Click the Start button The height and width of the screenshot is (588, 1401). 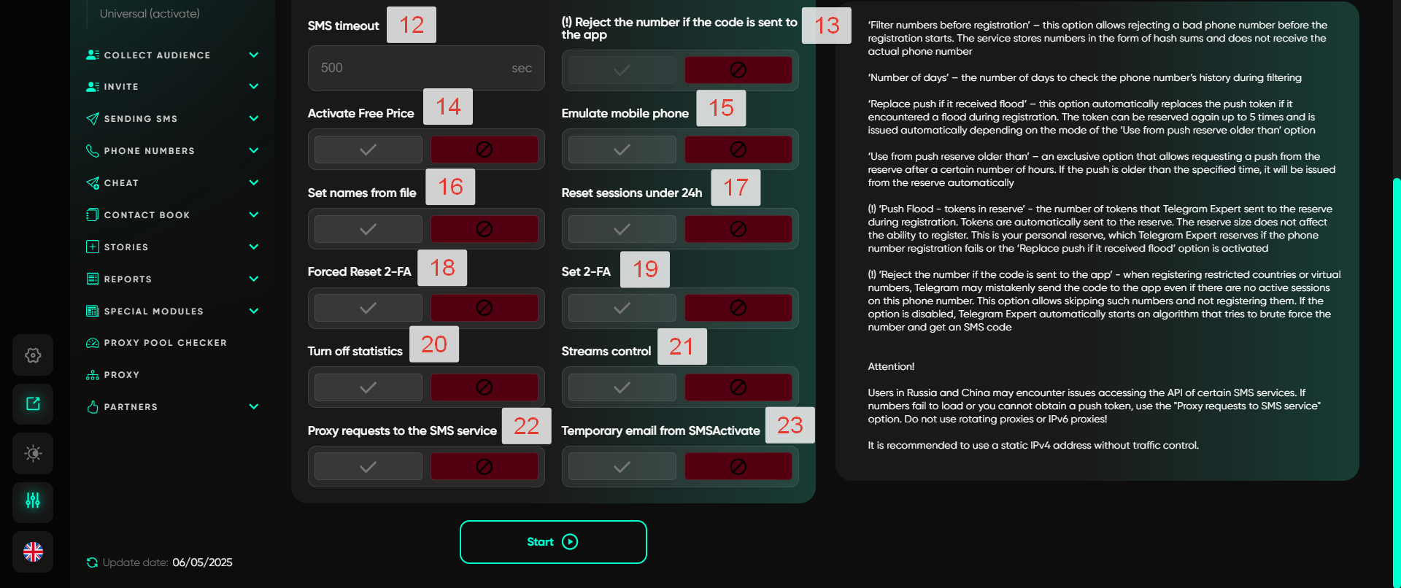[553, 542]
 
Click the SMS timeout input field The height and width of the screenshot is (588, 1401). [426, 68]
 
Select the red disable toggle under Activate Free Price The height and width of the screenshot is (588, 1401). [484, 150]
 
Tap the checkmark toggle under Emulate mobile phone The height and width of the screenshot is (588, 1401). [622, 150]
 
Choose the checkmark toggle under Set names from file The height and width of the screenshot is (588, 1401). [368, 229]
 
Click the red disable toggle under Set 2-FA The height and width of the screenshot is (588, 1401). [738, 308]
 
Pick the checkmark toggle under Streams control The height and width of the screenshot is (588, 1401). [622, 387]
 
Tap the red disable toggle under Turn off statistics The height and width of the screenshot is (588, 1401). [484, 387]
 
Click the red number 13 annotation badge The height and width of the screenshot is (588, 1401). [827, 26]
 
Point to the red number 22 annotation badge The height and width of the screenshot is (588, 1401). [526, 426]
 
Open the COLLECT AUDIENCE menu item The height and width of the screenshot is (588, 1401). [157, 55]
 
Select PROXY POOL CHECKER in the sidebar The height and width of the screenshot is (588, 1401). [165, 343]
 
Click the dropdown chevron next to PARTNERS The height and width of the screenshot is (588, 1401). [254, 406]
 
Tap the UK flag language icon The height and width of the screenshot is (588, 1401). [33, 552]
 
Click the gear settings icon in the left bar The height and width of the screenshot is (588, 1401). [33, 355]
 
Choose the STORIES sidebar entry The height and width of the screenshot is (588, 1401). [126, 247]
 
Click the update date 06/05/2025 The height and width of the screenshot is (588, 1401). [202, 562]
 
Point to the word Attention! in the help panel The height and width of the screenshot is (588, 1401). [891, 366]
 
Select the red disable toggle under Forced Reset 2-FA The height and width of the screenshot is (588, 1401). [484, 308]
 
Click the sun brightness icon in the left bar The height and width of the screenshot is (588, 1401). [33, 453]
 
